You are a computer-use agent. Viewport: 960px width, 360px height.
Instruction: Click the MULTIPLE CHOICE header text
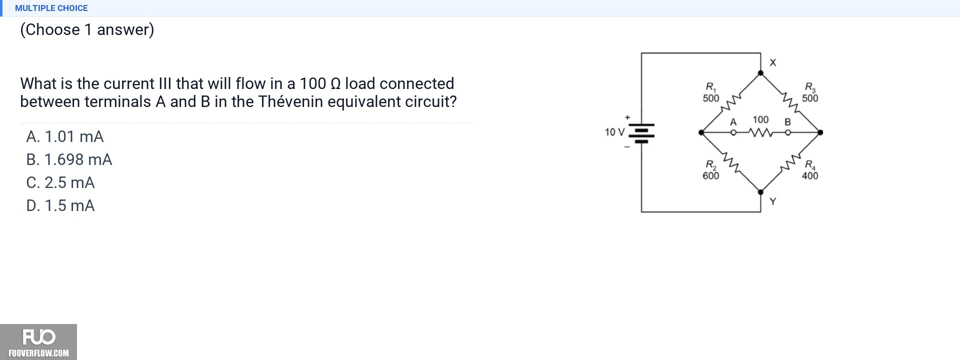click(x=51, y=8)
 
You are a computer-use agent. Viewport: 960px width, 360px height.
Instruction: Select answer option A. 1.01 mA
click(x=65, y=136)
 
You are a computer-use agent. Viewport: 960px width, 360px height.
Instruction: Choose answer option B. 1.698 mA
click(x=69, y=159)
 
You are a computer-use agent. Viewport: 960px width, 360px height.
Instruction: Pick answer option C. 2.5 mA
click(x=60, y=182)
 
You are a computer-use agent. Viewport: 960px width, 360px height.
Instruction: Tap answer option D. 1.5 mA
click(x=60, y=205)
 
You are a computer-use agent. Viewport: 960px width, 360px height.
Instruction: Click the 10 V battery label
click(x=614, y=132)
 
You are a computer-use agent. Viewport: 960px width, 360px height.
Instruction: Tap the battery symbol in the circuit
click(x=641, y=132)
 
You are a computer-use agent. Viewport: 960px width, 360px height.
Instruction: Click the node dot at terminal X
click(x=760, y=73)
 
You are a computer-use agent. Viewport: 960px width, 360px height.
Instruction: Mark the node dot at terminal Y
click(x=760, y=192)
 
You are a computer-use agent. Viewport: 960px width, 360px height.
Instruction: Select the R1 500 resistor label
click(x=711, y=93)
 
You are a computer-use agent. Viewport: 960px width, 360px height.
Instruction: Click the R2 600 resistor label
click(x=711, y=170)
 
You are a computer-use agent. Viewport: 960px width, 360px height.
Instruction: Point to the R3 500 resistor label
click(x=810, y=93)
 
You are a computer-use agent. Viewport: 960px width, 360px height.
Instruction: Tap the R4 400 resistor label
click(x=810, y=170)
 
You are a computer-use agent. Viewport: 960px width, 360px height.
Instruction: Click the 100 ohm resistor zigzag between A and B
click(x=760, y=132)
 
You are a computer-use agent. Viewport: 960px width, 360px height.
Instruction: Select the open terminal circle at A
click(x=733, y=132)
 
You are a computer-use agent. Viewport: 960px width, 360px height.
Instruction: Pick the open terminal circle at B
click(x=788, y=132)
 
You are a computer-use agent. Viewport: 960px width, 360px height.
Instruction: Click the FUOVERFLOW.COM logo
click(x=38, y=342)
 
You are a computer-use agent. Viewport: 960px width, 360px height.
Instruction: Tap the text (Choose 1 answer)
click(x=87, y=29)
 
